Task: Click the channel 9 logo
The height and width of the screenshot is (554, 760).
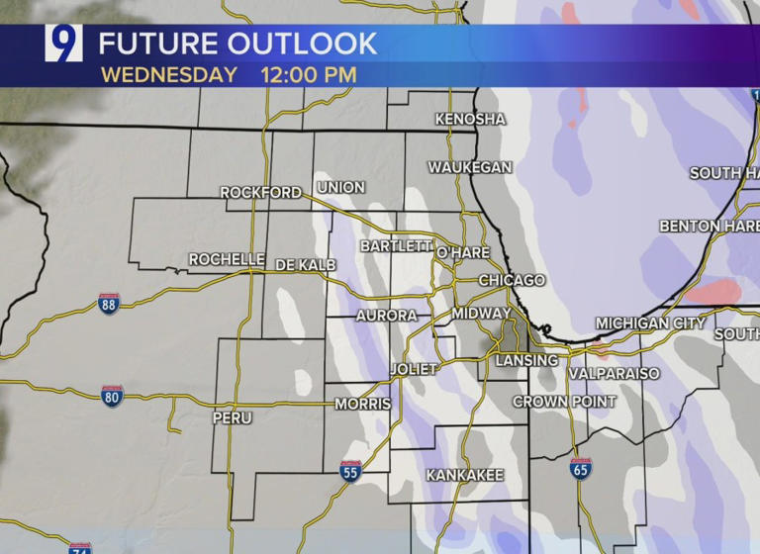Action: point(63,43)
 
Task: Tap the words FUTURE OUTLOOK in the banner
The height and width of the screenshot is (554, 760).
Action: point(237,44)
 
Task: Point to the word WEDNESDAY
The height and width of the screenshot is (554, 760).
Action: point(169,74)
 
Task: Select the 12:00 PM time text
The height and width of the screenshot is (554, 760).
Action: point(309,74)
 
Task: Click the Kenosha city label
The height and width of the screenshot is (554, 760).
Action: point(470,119)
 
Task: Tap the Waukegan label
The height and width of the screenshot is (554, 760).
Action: point(470,167)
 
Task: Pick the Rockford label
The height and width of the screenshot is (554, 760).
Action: point(260,192)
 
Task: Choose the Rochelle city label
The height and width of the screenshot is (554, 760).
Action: point(227,259)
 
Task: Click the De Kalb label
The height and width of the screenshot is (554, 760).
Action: point(306,264)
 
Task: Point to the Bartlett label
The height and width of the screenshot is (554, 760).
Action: point(396,244)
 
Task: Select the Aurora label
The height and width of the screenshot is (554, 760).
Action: point(386,315)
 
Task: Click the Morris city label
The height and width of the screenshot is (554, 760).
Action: point(363,404)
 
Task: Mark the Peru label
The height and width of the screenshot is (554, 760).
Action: point(232,417)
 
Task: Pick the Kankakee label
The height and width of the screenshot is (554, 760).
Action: point(465,475)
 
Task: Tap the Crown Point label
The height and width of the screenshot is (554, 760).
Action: point(564,401)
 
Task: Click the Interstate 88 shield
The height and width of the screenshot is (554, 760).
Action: point(109,304)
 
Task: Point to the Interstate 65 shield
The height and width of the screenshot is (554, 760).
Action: point(581,469)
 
